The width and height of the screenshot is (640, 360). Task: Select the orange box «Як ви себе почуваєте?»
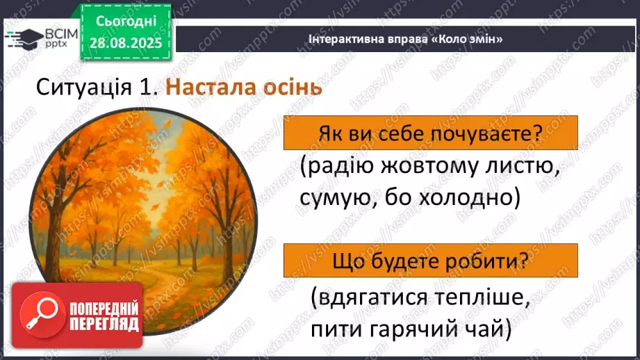point(430,133)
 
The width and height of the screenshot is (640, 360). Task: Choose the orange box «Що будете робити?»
point(430,261)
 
